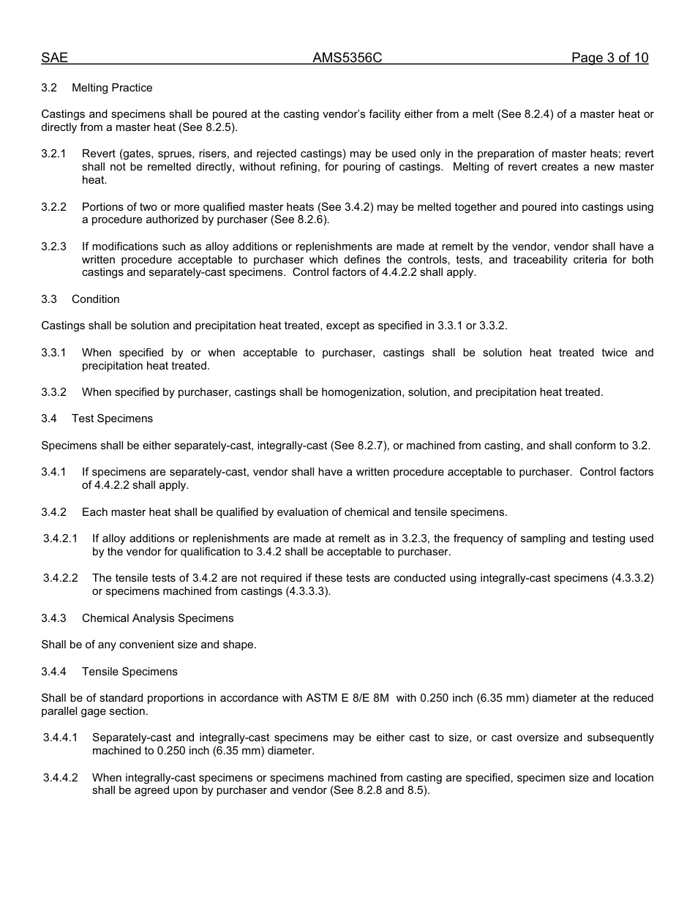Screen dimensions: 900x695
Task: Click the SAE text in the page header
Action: click(54, 59)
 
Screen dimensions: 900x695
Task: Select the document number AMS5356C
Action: click(347, 59)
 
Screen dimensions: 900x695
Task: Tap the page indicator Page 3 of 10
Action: click(609, 59)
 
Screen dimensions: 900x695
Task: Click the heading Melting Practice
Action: click(112, 88)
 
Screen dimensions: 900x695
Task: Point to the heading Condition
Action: click(95, 299)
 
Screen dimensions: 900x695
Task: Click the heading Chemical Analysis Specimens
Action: click(157, 618)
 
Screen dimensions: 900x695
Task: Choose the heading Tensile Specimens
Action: click(129, 672)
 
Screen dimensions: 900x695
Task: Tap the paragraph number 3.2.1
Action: click(53, 154)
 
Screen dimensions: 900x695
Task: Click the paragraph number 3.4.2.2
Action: click(60, 578)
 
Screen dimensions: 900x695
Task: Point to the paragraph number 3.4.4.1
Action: click(60, 738)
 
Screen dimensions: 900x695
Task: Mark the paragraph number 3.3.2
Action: click(53, 392)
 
